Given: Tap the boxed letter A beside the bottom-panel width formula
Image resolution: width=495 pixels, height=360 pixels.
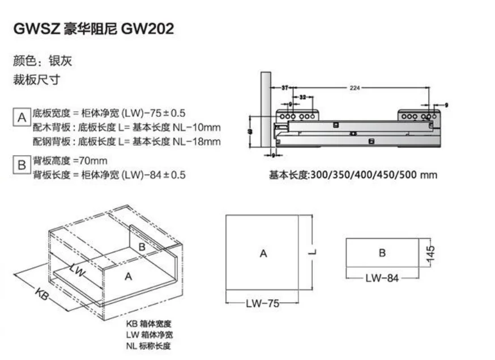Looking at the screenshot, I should (x=22, y=118).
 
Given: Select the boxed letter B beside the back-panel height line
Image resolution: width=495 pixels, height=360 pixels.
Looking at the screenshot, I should (x=22, y=166).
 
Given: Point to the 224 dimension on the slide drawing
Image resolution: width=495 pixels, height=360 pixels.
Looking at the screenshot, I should (x=355, y=88).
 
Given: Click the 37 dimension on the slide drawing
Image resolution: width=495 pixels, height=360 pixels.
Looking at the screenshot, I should (x=285, y=88).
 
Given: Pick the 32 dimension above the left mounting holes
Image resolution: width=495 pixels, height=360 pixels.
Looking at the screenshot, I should (x=302, y=98).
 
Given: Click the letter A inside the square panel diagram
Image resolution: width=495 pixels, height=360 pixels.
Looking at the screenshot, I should (x=263, y=254).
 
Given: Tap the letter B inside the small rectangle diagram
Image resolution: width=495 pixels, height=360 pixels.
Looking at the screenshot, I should (x=382, y=253).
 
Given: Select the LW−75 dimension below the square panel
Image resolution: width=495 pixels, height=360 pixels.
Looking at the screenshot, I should (x=262, y=303).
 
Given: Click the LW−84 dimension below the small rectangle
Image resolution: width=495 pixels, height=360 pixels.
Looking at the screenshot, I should (x=381, y=278).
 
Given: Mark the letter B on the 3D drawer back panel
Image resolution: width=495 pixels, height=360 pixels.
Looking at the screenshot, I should (x=142, y=247).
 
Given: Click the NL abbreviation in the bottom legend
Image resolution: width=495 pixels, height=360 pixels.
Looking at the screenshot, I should (x=131, y=346).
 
